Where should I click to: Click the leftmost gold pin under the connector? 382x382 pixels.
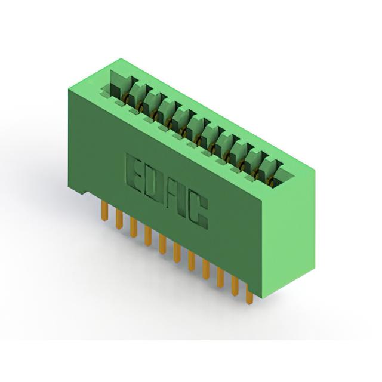pos(104,211)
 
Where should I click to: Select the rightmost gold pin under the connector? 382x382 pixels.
pos(249,295)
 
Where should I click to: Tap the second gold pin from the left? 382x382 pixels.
pos(119,220)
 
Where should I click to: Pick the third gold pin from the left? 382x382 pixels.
pos(134,227)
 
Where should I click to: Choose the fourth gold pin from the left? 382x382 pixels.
pos(148,236)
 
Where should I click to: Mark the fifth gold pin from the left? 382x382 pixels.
pos(162,244)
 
